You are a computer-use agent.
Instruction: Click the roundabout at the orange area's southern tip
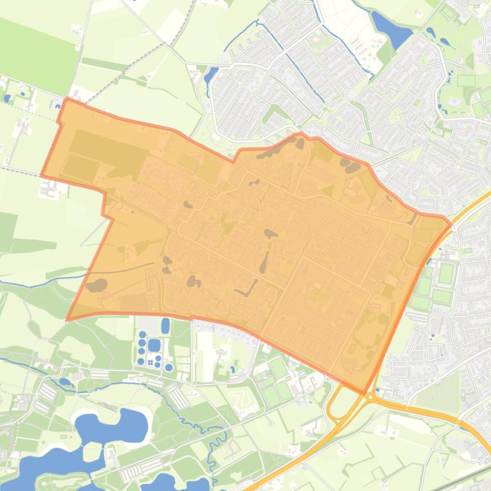tap(370, 397)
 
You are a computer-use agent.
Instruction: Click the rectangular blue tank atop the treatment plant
tap(165, 326)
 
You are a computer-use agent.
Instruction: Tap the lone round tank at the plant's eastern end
tap(169, 367)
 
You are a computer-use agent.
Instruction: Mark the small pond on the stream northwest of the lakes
tap(65, 383)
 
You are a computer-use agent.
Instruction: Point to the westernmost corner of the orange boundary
tap(42, 175)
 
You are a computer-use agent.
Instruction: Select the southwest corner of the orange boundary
tap(68, 319)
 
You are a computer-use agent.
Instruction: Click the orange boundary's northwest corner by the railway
tap(66, 100)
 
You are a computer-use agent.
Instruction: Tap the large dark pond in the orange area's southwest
tap(97, 286)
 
